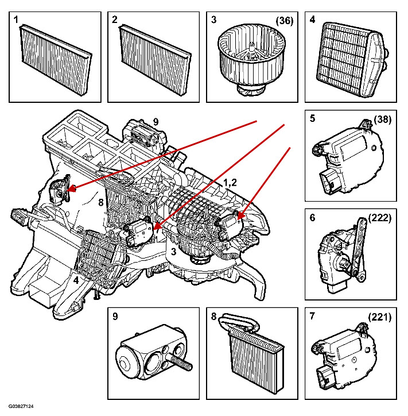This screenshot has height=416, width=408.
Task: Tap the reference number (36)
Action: point(284,21)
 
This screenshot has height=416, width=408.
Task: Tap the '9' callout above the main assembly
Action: point(155,121)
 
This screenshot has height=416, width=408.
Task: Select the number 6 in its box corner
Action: point(312,218)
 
